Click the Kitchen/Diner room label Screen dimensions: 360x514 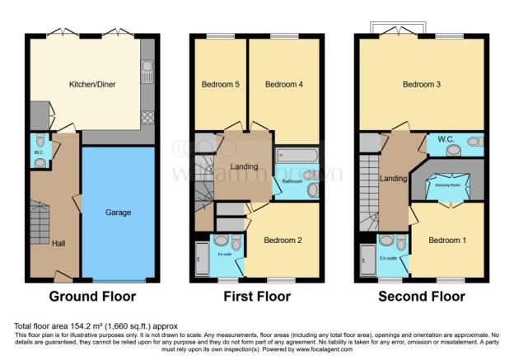click(91, 84)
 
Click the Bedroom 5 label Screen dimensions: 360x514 click(218, 84)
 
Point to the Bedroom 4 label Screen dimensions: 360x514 click(284, 84)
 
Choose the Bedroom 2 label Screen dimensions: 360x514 click(283, 240)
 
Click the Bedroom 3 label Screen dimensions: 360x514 click(422, 84)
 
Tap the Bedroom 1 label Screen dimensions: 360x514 click(448, 240)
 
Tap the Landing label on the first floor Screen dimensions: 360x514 click(244, 167)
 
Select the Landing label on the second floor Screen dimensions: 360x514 click(389, 178)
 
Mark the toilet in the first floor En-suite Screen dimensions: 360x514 click(236, 242)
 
